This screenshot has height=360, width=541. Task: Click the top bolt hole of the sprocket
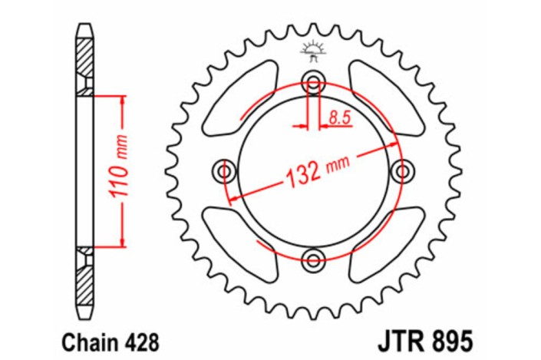coord(313,82)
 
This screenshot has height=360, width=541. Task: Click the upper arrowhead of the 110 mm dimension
coord(121,101)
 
